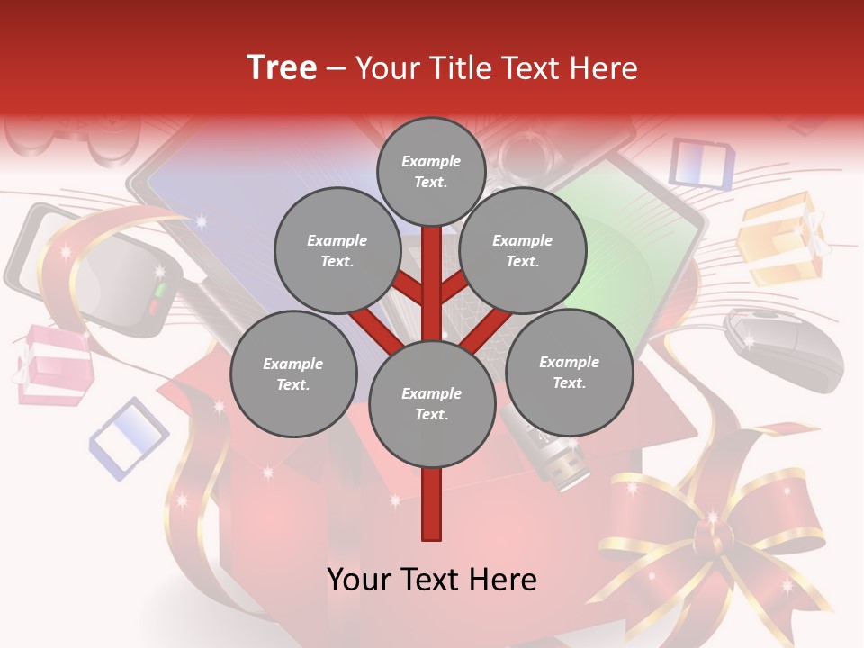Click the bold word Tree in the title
(282, 68)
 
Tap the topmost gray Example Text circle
(431, 171)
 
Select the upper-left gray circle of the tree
(337, 251)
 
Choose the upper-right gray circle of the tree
(522, 251)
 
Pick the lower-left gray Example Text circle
(292, 373)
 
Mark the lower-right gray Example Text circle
(569, 372)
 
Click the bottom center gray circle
(431, 404)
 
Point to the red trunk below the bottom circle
(431, 504)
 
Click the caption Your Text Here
(431, 580)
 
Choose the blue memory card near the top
(701, 163)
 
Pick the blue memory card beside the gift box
(130, 437)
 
